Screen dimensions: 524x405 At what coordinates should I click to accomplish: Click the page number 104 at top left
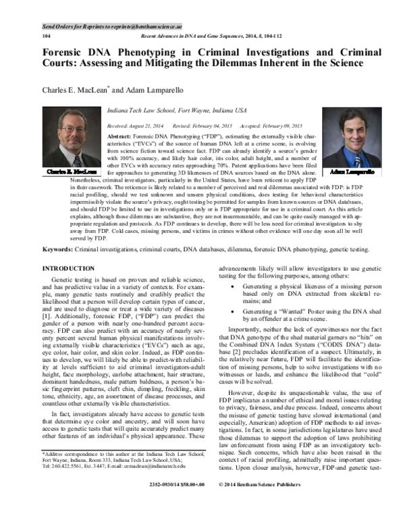click(x=46, y=34)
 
